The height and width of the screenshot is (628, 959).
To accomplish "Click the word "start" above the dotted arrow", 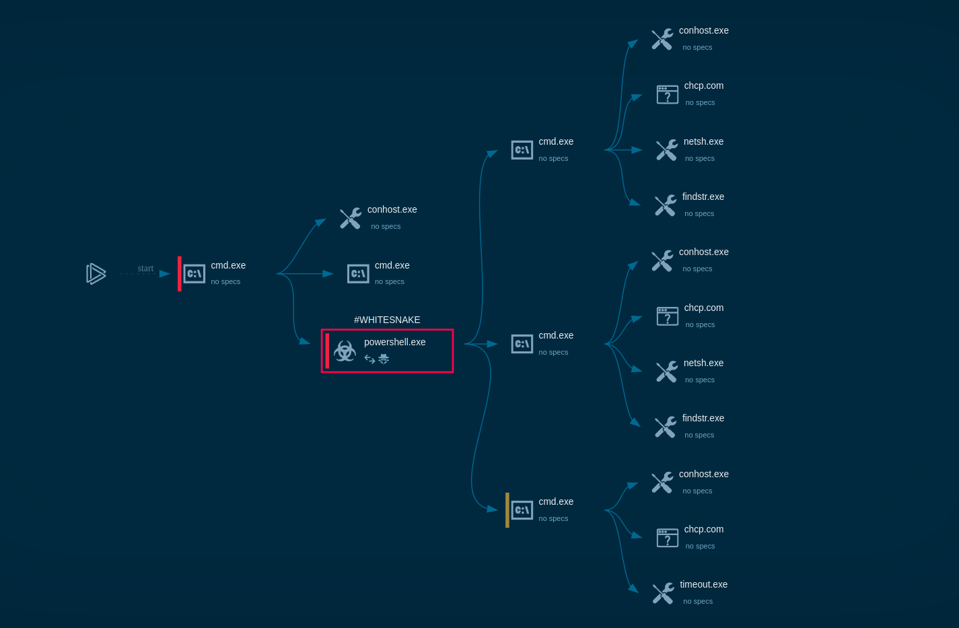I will click(x=145, y=269).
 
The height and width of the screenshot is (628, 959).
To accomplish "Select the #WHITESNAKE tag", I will click(x=387, y=320).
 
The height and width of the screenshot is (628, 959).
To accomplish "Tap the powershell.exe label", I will click(x=394, y=342).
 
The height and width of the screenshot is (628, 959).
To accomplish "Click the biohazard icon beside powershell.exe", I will click(x=345, y=351).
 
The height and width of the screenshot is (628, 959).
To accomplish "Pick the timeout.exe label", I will click(x=703, y=584).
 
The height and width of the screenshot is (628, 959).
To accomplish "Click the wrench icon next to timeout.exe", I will click(x=663, y=593).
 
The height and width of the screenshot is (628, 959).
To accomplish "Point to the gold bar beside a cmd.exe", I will click(x=507, y=510).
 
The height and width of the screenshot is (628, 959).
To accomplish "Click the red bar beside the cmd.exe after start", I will click(x=180, y=273).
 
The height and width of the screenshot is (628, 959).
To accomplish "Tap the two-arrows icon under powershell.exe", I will click(x=369, y=359).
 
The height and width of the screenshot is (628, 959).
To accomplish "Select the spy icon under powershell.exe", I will click(x=384, y=359).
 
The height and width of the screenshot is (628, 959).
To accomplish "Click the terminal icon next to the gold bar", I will click(x=522, y=510).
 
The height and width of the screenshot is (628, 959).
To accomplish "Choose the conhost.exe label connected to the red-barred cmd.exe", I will click(x=392, y=209).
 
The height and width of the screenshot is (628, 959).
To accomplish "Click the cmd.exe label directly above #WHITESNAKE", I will click(x=392, y=265).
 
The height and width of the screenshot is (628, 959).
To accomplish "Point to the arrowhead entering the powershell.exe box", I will click(x=305, y=341).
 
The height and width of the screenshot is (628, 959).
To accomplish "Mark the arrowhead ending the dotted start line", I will click(x=164, y=274).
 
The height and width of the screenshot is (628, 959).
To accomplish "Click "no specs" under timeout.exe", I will click(x=698, y=601).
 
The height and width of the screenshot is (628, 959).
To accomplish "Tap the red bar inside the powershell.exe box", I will click(x=328, y=351).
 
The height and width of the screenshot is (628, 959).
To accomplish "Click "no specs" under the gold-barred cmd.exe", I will click(x=553, y=518).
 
